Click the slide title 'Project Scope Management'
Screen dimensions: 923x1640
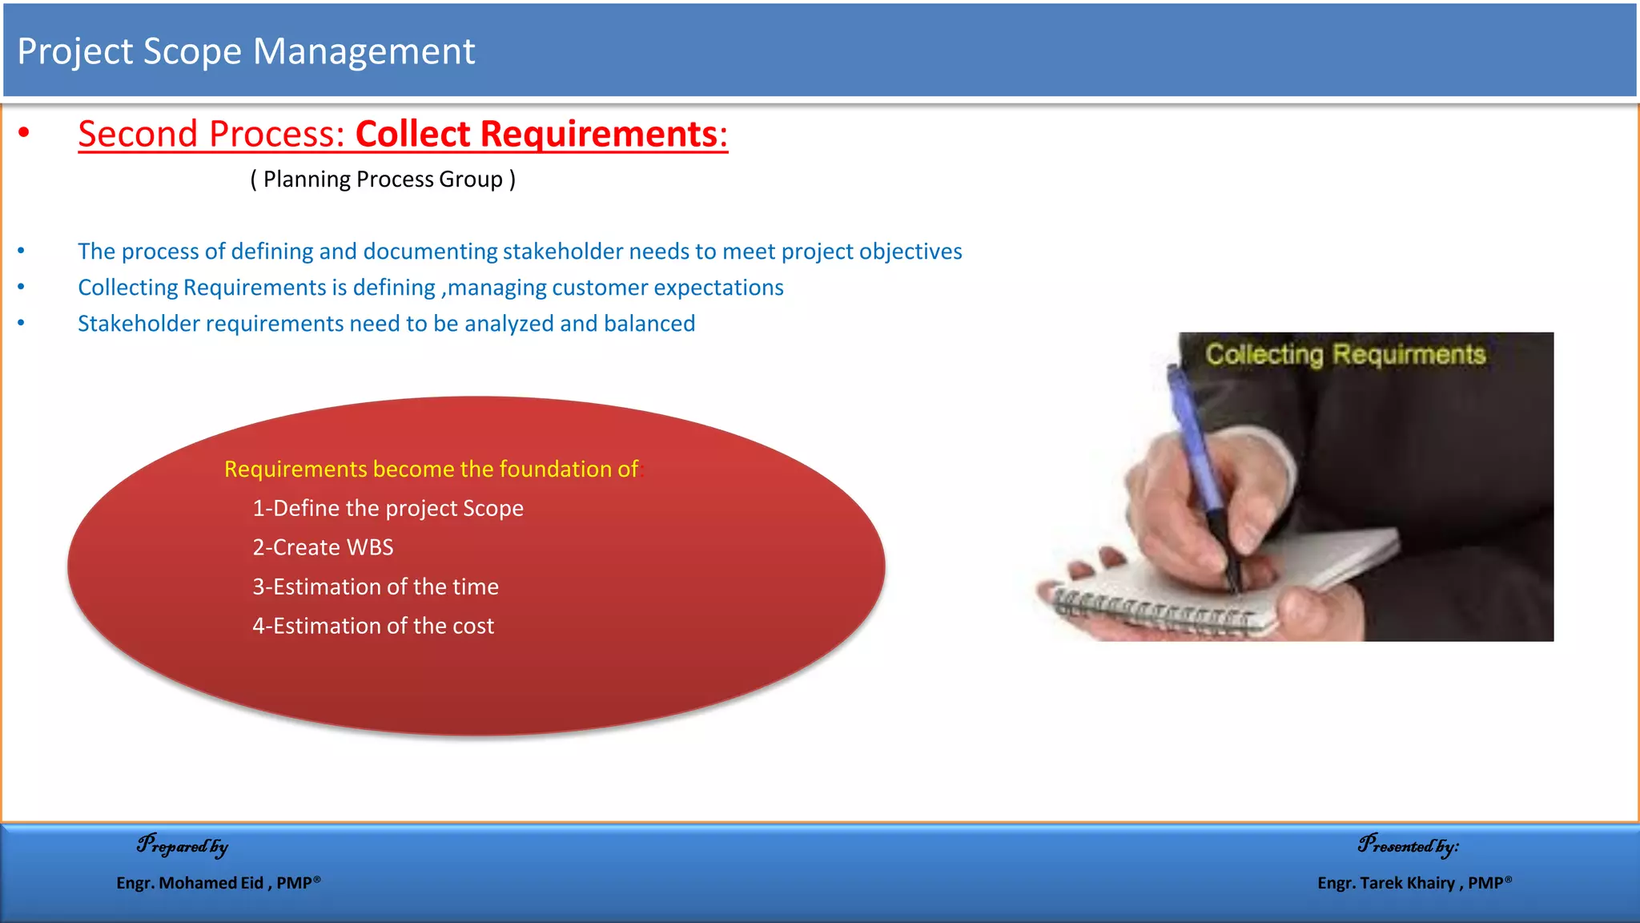[246, 52]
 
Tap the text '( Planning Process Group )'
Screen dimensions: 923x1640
[383, 179]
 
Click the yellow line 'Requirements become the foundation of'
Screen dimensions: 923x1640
[431, 470]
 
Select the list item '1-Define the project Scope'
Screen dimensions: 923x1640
[388, 509]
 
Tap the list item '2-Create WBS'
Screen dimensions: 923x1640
[323, 548]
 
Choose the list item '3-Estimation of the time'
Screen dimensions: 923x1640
[376, 587]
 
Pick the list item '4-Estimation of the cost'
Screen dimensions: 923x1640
[373, 627]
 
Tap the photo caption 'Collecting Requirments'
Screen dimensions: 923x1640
[1345, 354]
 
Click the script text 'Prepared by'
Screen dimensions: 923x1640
[183, 845]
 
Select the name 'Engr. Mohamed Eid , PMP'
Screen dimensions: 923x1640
[218, 883]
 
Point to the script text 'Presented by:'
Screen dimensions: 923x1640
[1408, 845]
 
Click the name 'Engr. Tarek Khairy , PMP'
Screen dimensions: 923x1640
[1414, 883]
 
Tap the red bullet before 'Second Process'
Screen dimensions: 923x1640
[24, 133]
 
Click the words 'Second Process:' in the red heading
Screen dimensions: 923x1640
[211, 134]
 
